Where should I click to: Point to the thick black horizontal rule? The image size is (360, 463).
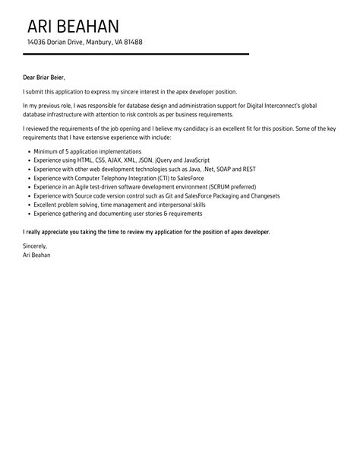pyautogui.click(x=136, y=54)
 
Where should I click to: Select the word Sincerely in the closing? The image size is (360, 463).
pyautogui.click(x=36, y=246)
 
